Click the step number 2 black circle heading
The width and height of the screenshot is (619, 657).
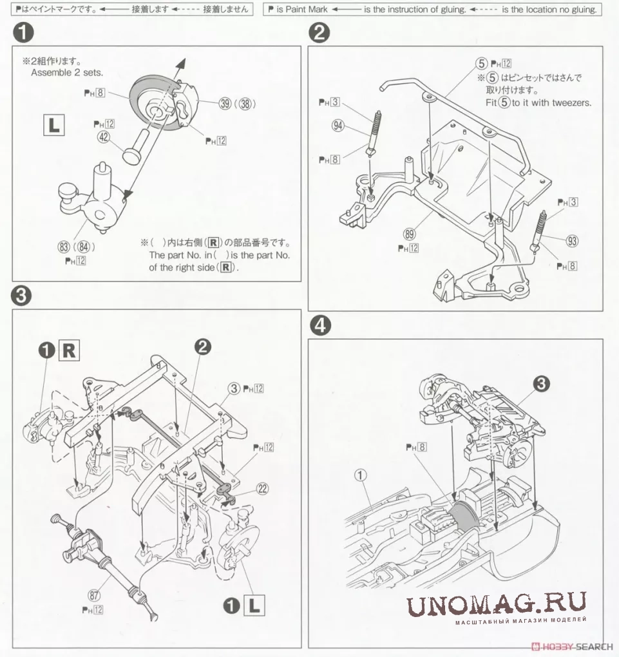click(x=320, y=32)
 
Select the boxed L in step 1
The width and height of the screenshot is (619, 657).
click(x=53, y=124)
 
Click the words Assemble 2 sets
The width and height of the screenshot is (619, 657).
click(x=66, y=73)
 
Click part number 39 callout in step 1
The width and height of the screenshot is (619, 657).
click(x=224, y=105)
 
